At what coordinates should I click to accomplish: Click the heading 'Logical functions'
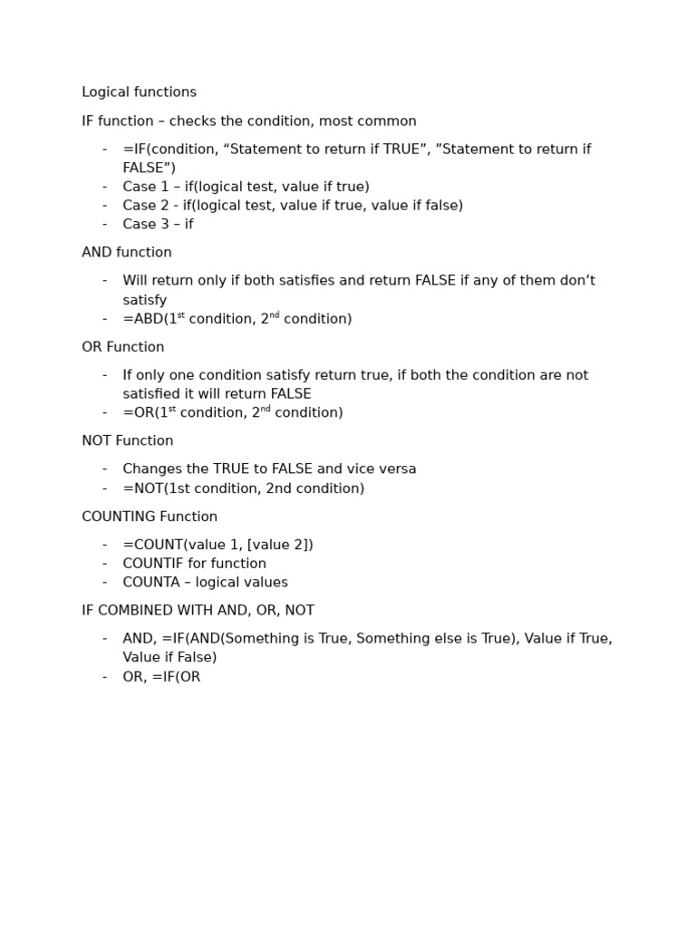point(139,92)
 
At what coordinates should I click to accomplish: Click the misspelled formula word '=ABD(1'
point(150,319)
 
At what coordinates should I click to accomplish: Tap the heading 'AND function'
point(127,253)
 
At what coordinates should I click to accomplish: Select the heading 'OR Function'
point(123,347)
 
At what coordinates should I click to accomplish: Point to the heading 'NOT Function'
point(128,441)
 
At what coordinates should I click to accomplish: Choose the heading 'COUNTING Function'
point(150,517)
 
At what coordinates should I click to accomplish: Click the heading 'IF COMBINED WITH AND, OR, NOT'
point(198,611)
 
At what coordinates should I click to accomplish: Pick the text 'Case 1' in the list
point(144,187)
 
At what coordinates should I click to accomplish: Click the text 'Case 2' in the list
point(144,206)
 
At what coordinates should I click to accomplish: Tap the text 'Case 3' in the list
point(144,225)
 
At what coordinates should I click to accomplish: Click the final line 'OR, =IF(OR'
point(161,677)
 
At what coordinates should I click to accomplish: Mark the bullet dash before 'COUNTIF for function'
point(104,564)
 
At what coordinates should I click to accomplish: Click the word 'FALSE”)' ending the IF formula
point(150,168)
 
